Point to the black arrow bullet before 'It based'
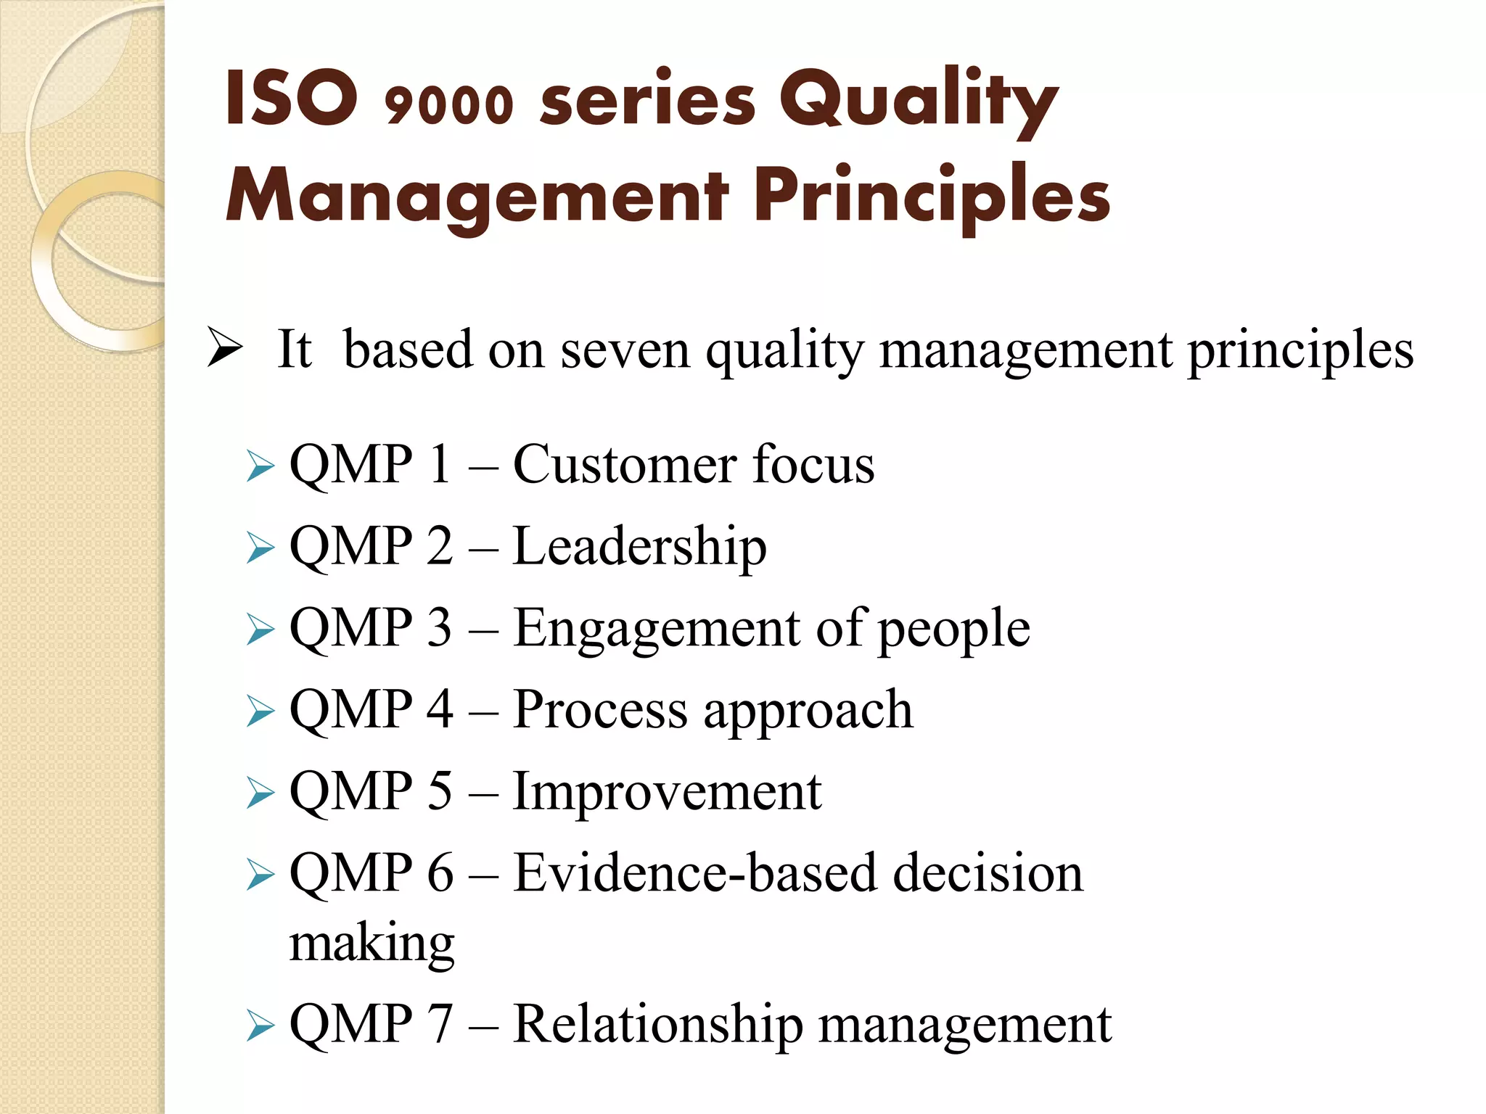[x=224, y=347]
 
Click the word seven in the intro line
[x=625, y=350]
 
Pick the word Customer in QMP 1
[x=624, y=464]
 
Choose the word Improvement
[x=667, y=791]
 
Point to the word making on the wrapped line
[x=371, y=944]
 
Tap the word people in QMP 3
[x=953, y=629]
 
